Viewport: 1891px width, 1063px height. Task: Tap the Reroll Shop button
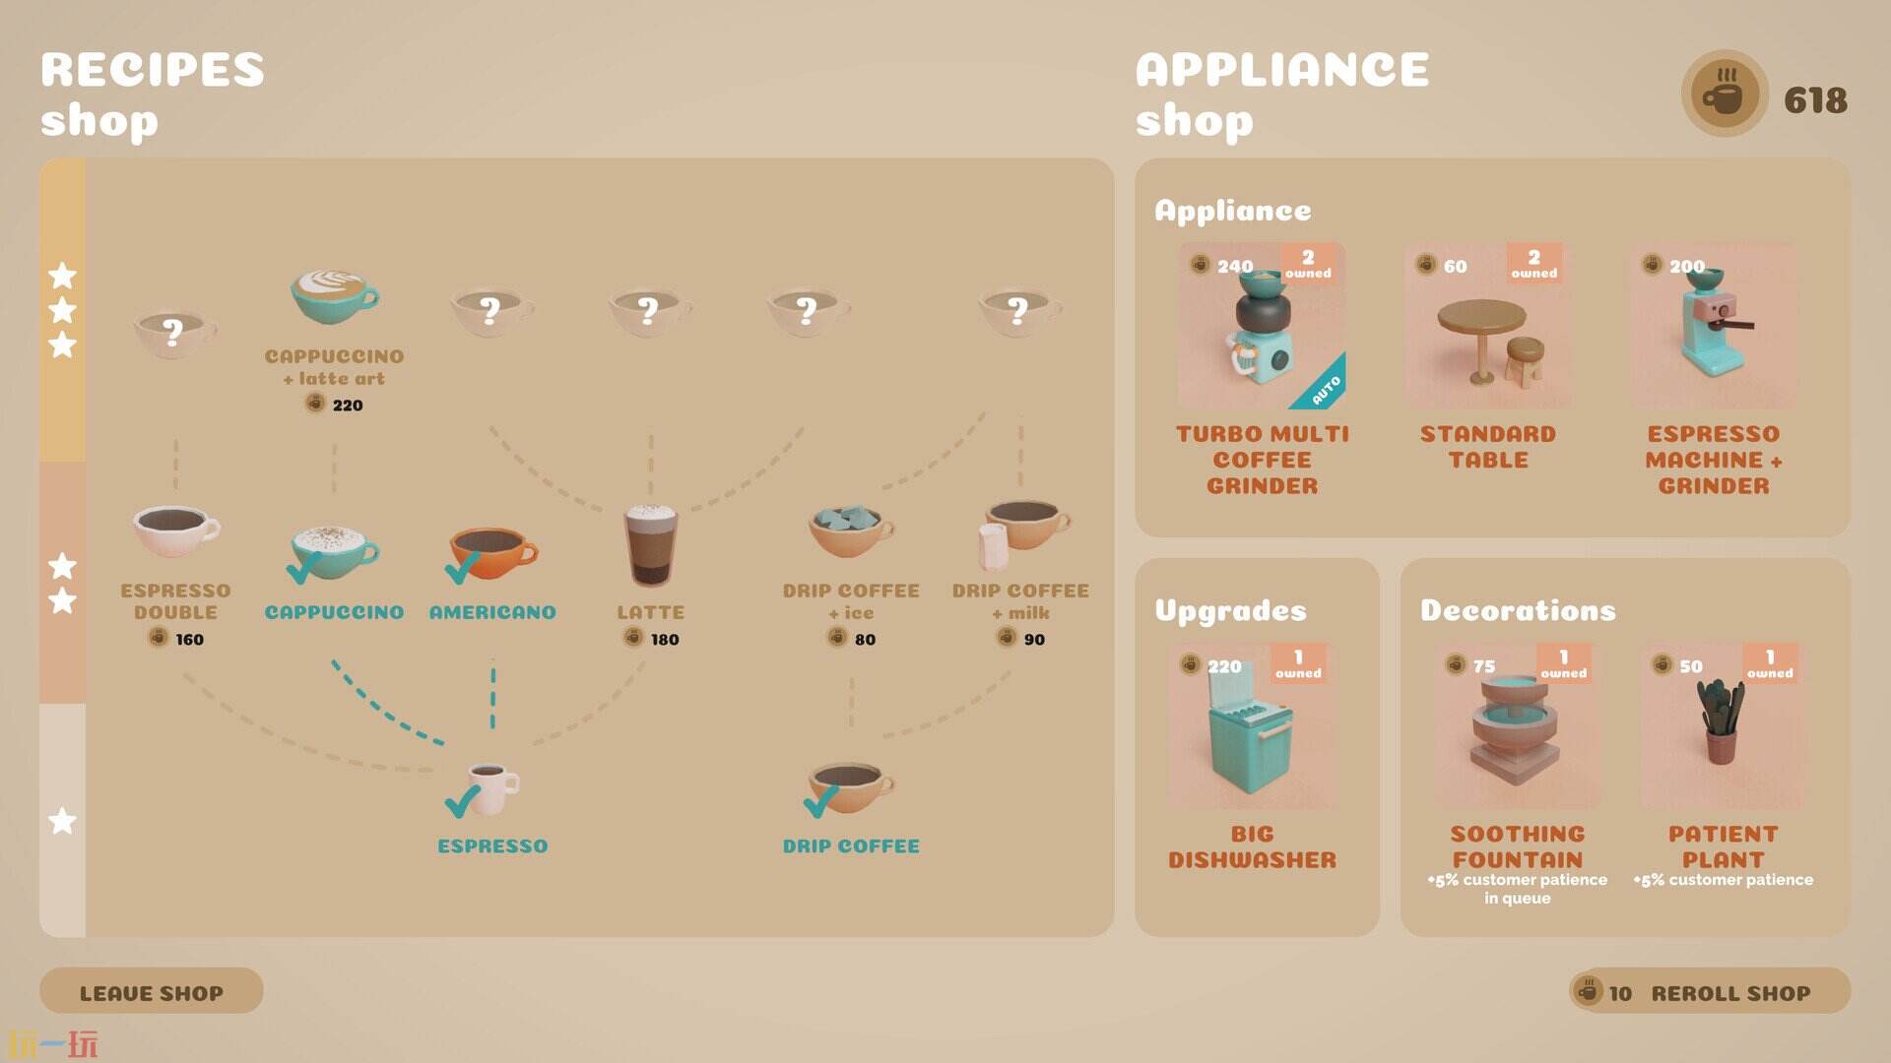(1709, 991)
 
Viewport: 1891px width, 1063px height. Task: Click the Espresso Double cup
(175, 531)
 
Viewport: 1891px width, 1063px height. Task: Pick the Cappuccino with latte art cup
(334, 296)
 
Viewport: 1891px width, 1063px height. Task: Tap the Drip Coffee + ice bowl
(851, 531)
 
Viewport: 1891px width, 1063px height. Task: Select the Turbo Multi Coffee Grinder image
(1262, 326)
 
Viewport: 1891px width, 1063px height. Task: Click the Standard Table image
(1487, 326)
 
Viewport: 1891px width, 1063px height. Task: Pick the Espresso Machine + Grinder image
(1713, 326)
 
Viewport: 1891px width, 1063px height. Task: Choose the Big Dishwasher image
(1251, 726)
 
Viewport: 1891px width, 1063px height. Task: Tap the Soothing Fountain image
(1517, 726)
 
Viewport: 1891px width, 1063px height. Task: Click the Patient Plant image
(1723, 726)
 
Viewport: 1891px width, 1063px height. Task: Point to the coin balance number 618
(1815, 99)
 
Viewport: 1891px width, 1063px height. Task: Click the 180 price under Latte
(665, 640)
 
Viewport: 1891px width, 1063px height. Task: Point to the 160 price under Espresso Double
(189, 640)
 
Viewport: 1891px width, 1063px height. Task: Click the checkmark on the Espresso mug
(462, 802)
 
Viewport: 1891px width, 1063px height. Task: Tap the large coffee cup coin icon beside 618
(1725, 94)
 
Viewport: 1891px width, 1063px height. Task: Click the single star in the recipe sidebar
(62, 820)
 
